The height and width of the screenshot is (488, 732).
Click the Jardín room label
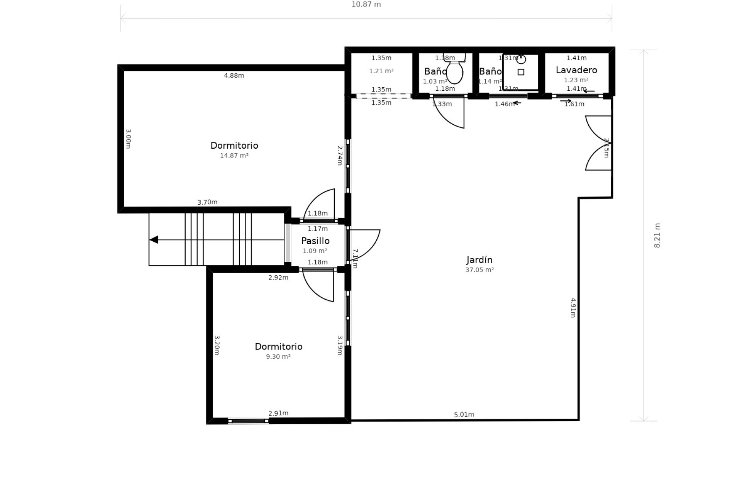click(479, 260)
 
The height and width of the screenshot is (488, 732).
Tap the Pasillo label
click(315, 241)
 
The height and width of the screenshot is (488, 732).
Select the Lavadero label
click(576, 70)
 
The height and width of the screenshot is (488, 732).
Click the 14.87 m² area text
click(234, 156)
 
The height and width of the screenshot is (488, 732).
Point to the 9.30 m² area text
click(278, 357)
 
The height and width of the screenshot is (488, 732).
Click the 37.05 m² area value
click(479, 270)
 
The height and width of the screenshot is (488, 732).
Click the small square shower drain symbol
click(521, 72)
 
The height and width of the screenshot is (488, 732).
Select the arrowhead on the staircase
click(154, 240)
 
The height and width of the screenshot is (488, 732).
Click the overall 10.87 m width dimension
click(366, 5)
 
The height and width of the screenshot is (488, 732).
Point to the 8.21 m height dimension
click(657, 236)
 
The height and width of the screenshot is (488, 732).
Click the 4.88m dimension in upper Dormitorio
click(234, 75)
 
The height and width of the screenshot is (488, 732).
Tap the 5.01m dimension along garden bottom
click(464, 414)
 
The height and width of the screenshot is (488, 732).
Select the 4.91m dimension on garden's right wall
click(573, 308)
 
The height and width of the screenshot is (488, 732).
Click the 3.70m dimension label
click(207, 202)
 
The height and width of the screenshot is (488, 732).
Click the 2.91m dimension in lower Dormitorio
click(278, 413)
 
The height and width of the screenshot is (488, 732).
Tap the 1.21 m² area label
click(381, 71)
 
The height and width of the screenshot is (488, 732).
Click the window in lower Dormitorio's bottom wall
click(248, 421)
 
